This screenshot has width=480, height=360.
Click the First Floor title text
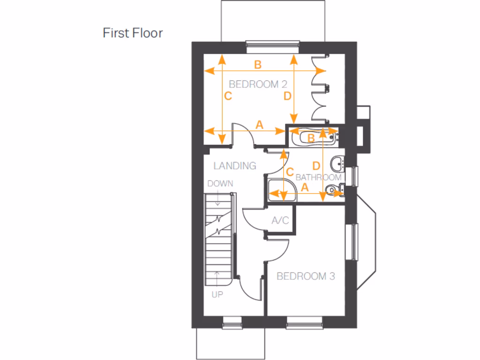[x=133, y=33]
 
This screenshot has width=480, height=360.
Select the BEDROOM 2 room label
[x=257, y=84]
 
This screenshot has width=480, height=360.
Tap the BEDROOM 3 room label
[x=306, y=276]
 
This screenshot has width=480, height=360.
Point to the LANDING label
[x=235, y=165]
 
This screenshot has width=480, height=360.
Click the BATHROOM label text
[x=318, y=178]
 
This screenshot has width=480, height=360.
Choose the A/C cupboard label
[x=280, y=220]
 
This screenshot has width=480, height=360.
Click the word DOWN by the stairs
[x=220, y=184]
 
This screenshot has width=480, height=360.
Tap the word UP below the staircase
[x=217, y=295]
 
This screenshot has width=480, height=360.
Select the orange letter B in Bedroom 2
[x=258, y=65]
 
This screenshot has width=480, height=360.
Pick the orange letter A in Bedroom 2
[x=259, y=125]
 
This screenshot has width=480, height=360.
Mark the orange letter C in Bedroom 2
[x=228, y=97]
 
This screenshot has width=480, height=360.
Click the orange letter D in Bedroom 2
[x=287, y=96]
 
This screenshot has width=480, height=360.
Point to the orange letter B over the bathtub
[x=310, y=138]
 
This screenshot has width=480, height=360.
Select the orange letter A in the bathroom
[x=305, y=187]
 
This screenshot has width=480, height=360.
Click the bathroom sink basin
[x=337, y=164]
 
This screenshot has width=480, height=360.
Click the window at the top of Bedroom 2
[x=272, y=45]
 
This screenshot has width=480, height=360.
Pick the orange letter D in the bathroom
[x=316, y=166]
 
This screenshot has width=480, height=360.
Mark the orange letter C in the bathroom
[x=290, y=172]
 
